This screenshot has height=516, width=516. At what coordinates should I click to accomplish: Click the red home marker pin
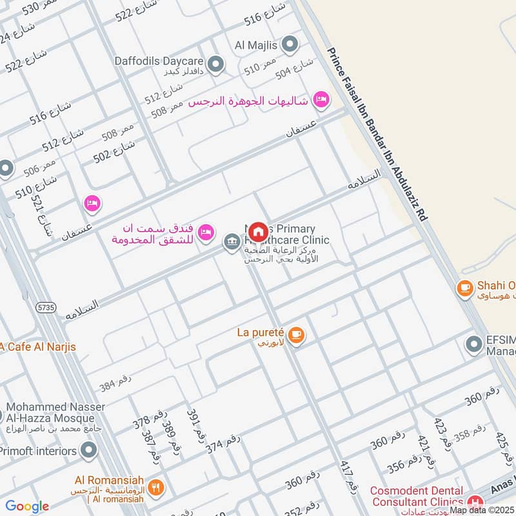click(258, 232)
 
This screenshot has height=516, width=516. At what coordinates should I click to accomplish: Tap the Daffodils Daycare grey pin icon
click(216, 63)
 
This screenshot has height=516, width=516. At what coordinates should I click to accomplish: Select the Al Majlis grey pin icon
click(290, 45)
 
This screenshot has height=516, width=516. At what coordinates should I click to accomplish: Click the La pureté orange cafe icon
click(296, 334)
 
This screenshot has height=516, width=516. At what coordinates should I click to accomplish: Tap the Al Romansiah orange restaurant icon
click(155, 488)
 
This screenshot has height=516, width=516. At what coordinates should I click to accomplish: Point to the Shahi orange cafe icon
click(464, 288)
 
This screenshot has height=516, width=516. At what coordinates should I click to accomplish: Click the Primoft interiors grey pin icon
click(89, 450)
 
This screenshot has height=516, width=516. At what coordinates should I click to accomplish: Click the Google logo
click(27, 506)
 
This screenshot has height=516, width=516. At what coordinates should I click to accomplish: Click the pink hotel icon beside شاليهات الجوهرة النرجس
click(321, 100)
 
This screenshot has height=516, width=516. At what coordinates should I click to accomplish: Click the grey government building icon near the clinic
click(231, 243)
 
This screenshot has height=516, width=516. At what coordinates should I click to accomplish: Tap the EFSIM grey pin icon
click(474, 344)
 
